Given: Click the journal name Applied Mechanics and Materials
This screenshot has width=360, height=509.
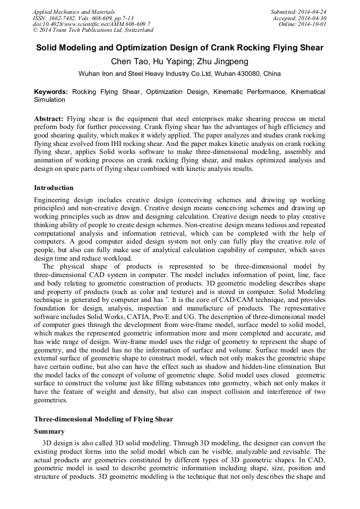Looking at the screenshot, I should pyautogui.click(x=74, y=12).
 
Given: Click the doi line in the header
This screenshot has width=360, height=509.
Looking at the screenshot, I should pyautogui.click(x=91, y=24).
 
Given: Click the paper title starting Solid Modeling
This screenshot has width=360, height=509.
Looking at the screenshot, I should pyautogui.click(x=179, y=48).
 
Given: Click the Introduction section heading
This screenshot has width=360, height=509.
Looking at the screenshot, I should pyautogui.click(x=54, y=188).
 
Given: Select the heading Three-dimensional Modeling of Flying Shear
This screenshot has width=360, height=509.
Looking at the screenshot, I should pyautogui.click(x=103, y=419).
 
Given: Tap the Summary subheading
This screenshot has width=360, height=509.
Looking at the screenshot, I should pyautogui.click(x=49, y=432).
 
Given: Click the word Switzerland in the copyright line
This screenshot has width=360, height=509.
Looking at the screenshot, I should pyautogui.click(x=135, y=30).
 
